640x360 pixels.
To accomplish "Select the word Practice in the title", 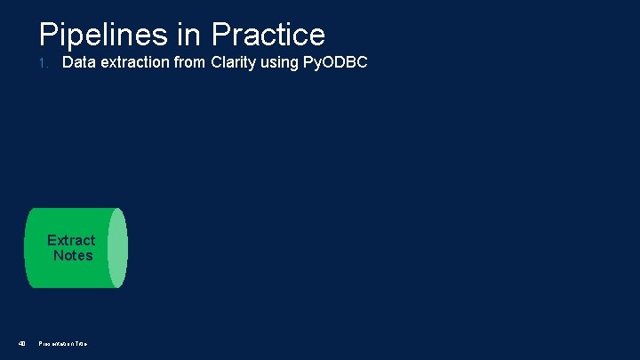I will pyautogui.click(x=268, y=36).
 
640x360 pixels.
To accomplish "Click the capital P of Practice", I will pyautogui.click(x=220, y=36).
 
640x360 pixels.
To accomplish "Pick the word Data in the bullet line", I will pyautogui.click(x=79, y=63).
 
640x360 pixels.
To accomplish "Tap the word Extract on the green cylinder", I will pyautogui.click(x=71, y=240).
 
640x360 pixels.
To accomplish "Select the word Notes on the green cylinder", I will pyautogui.click(x=73, y=255).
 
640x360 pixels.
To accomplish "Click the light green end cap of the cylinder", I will pyautogui.click(x=119, y=248).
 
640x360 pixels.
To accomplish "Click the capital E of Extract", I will pyautogui.click(x=52, y=240).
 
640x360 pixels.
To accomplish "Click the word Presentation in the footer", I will pyautogui.click(x=56, y=344).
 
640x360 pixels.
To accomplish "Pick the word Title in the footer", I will pyautogui.click(x=81, y=344).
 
